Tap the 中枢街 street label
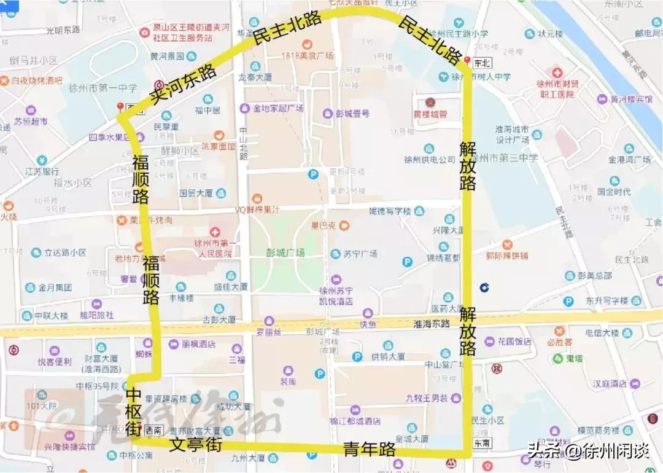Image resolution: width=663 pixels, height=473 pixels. pyautogui.click(x=134, y=412)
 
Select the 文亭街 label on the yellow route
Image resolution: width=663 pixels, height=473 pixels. pyautogui.click(x=195, y=445)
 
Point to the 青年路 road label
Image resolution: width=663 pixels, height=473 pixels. pyautogui.click(x=369, y=449)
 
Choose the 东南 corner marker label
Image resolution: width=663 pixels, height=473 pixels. pyautogui.click(x=483, y=443)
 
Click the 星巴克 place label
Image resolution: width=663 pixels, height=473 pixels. pyautogui.click(x=324, y=225)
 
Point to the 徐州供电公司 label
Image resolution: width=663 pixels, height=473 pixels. pyautogui.click(x=430, y=160)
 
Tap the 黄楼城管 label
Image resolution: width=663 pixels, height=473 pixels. pyautogui.click(x=430, y=114)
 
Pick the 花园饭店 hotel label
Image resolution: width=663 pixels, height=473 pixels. pyautogui.click(x=515, y=341)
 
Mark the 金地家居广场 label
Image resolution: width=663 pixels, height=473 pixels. pyautogui.click(x=279, y=109)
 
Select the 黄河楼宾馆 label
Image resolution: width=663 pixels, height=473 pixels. pyautogui.click(x=631, y=99)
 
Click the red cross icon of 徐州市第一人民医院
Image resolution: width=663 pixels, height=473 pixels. pyautogui.click(x=214, y=232)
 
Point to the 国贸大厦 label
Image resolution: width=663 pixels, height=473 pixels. pyautogui.click(x=196, y=193)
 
